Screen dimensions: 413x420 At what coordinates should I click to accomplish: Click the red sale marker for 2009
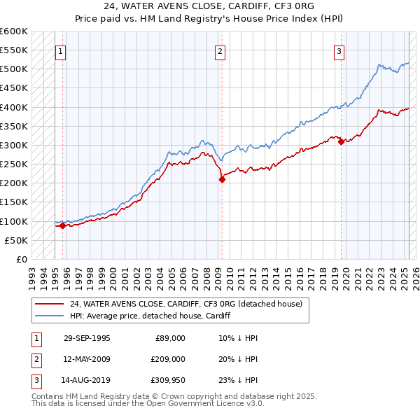(x=222, y=180)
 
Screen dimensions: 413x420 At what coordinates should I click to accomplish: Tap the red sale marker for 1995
(x=62, y=225)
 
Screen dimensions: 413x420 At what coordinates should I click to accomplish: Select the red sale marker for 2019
(x=341, y=141)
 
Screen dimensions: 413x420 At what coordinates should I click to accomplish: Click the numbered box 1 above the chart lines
(x=60, y=51)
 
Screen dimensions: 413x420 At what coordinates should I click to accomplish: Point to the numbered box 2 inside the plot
(x=220, y=51)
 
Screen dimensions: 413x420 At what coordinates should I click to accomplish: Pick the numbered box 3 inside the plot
(x=339, y=51)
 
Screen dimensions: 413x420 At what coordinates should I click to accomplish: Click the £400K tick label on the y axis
(x=14, y=107)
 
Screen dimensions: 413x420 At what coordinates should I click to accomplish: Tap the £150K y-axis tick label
(x=14, y=202)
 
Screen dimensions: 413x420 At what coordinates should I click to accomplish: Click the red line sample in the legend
(x=50, y=304)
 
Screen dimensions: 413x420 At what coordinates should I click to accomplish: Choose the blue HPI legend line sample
(x=50, y=316)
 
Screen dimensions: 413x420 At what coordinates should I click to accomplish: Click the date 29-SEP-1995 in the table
(x=87, y=338)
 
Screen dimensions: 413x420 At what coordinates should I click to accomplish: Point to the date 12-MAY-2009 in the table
(x=87, y=359)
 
